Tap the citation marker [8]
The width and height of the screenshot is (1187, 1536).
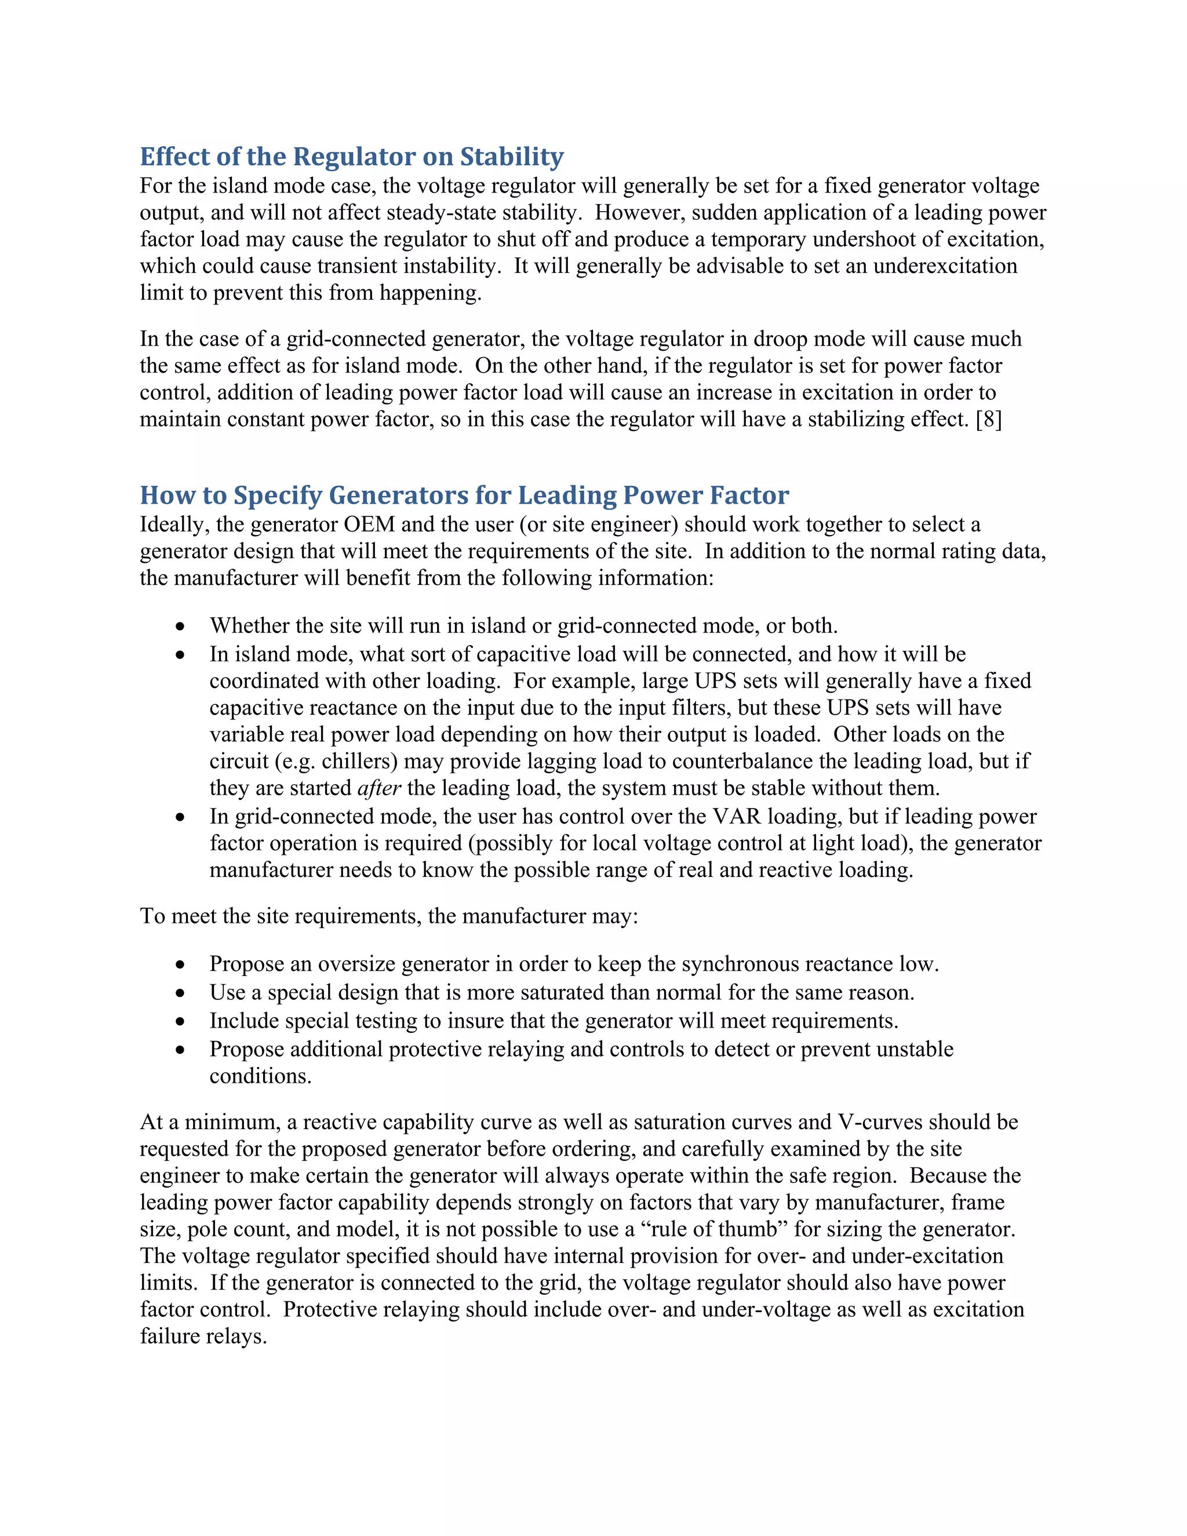tap(989, 419)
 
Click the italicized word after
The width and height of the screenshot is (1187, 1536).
tap(379, 788)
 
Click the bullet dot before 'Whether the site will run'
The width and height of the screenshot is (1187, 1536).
tap(181, 626)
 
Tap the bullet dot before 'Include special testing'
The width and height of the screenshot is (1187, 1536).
tap(181, 1021)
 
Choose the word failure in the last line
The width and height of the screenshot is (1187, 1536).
tap(170, 1335)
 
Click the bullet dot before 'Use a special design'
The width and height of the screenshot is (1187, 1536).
tap(181, 993)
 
